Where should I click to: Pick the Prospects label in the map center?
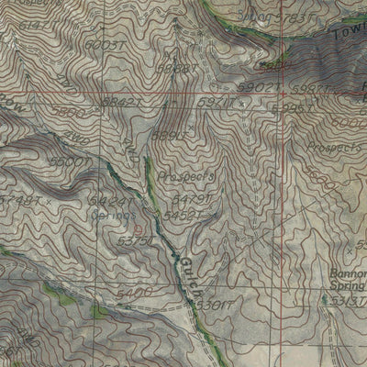(185, 174)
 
